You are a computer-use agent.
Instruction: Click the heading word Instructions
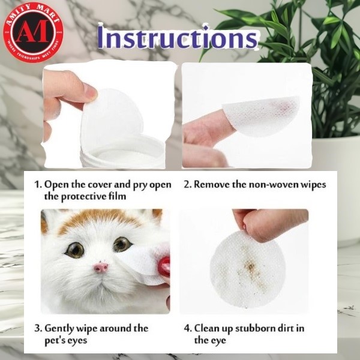[x=178, y=38]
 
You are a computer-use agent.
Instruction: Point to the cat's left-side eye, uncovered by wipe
[x=75, y=250]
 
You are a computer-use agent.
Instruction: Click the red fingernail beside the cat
[x=164, y=266]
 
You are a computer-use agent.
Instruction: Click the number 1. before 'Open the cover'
[x=38, y=185]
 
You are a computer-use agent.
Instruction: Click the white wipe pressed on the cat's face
[x=141, y=261]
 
